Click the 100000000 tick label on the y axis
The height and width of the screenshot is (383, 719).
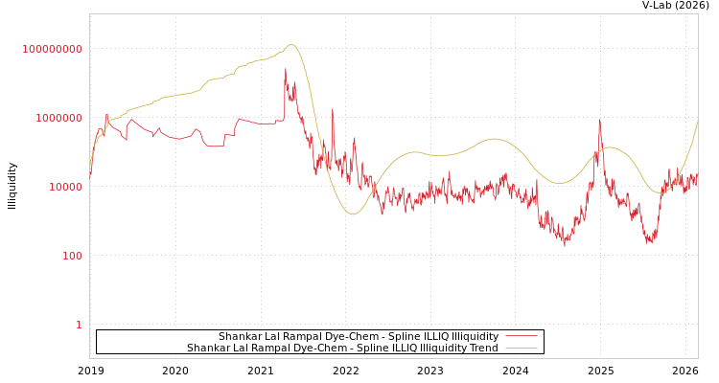pos(52,49)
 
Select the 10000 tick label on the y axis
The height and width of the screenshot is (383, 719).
pos(65,187)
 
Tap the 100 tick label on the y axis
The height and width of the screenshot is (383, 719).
pos(72,256)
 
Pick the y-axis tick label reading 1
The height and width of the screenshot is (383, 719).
pos(79,325)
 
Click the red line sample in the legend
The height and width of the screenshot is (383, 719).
pos(521,336)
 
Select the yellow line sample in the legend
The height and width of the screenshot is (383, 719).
pos(521,348)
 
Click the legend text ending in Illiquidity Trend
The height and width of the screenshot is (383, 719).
pos(342,348)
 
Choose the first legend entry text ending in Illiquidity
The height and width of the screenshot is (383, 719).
pos(358,336)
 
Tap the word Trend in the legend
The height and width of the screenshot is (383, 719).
pos(483,348)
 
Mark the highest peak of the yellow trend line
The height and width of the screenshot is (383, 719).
pos(290,44)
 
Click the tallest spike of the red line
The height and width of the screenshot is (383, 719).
pos(285,69)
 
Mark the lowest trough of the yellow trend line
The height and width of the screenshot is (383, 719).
pos(352,214)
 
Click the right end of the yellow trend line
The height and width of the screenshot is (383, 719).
pos(698,121)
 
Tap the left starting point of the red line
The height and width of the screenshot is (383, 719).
pos(90,177)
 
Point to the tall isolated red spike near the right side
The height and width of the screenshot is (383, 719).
pos(599,120)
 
